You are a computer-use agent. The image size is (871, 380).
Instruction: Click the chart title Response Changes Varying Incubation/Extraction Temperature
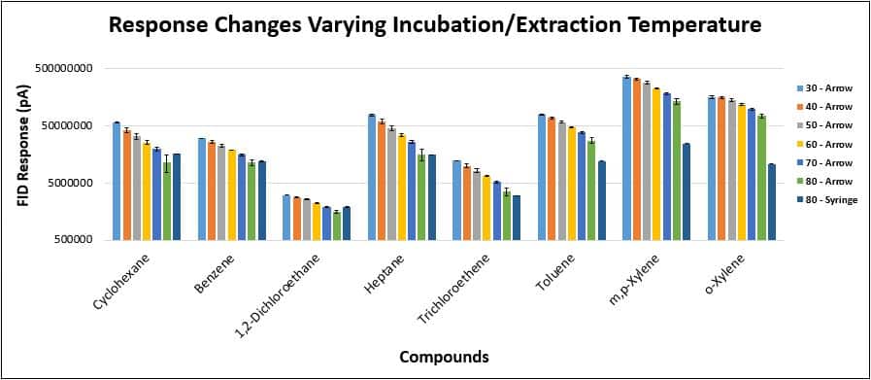click(435, 25)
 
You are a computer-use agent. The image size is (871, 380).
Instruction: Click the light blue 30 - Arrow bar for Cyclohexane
click(117, 181)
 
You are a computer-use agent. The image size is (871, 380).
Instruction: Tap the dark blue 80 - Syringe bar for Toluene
click(602, 200)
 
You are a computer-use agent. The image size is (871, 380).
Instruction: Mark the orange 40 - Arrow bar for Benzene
click(212, 190)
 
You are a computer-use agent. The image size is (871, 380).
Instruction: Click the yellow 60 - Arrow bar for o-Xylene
click(742, 172)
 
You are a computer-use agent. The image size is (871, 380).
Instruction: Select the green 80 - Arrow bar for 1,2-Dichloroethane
click(336, 225)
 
